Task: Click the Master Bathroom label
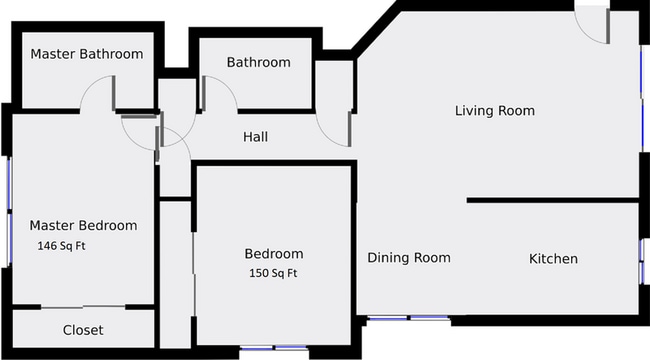pos(86,54)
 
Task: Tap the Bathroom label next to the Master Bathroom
pos(258,62)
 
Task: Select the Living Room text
pos(494,110)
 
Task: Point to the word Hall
pos(255,137)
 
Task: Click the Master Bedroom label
pos(83,225)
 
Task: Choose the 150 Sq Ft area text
pos(273,273)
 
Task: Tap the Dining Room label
pos(408,258)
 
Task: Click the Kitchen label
pos(553,259)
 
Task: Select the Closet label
pos(83,330)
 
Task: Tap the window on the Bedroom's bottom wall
pos(273,348)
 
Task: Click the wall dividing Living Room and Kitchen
pos(552,201)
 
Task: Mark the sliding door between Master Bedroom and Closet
pos(84,306)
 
